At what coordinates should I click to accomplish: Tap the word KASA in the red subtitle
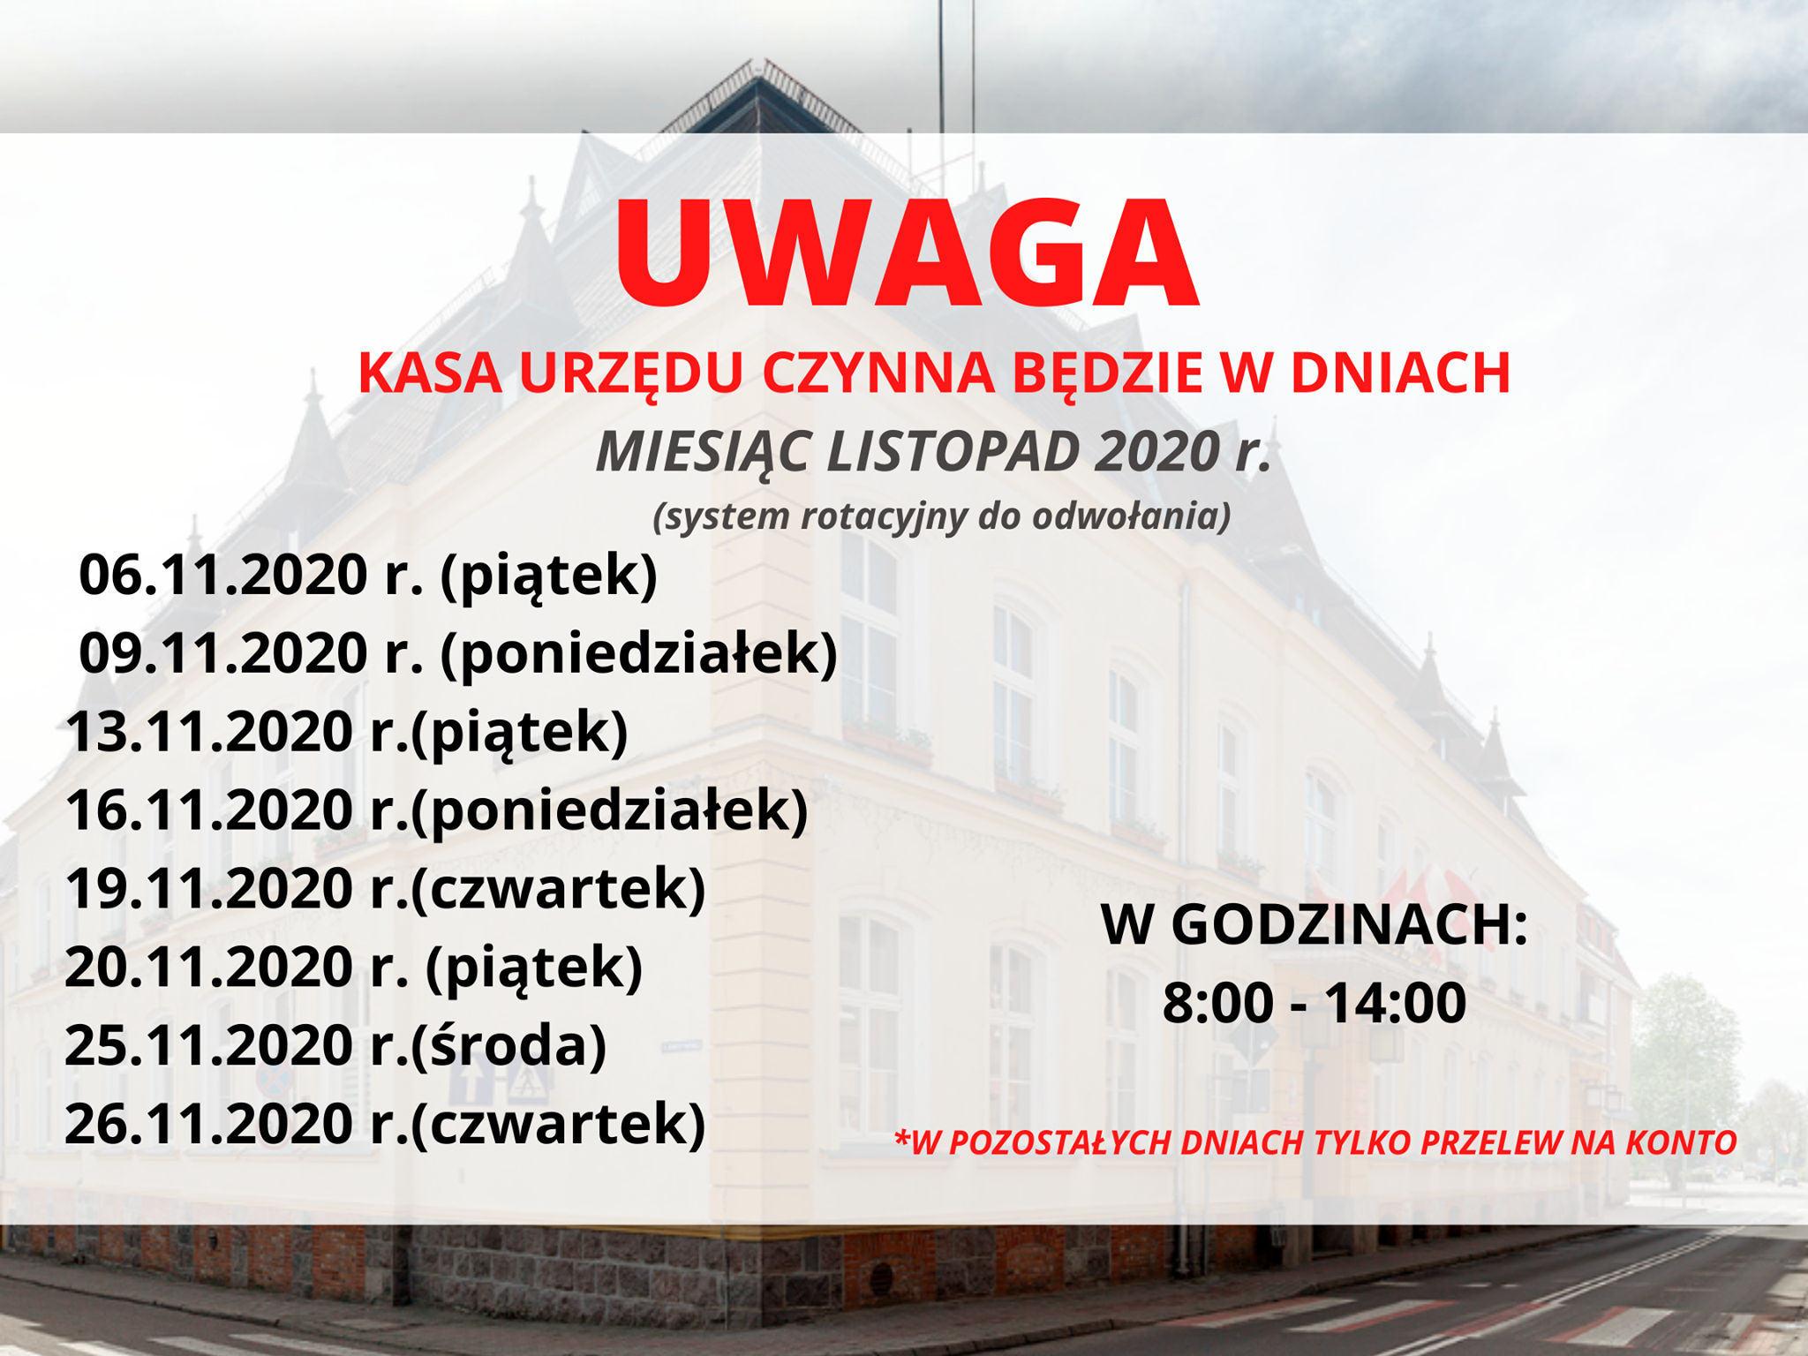[430, 373]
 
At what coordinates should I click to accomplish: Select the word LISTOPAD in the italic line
[953, 451]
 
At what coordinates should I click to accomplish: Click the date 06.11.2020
[223, 575]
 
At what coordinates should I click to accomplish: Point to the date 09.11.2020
[223, 652]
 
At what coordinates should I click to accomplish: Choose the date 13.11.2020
[210, 732]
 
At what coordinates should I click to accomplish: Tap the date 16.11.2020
[210, 810]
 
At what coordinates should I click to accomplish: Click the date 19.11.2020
[210, 888]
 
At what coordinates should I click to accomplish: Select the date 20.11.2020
[210, 967]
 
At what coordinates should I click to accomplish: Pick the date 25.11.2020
[210, 1045]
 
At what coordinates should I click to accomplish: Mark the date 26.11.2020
[210, 1124]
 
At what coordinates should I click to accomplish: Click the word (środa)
[508, 1047]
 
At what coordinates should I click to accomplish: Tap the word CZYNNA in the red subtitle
[878, 373]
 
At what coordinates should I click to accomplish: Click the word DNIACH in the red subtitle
[1401, 373]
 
